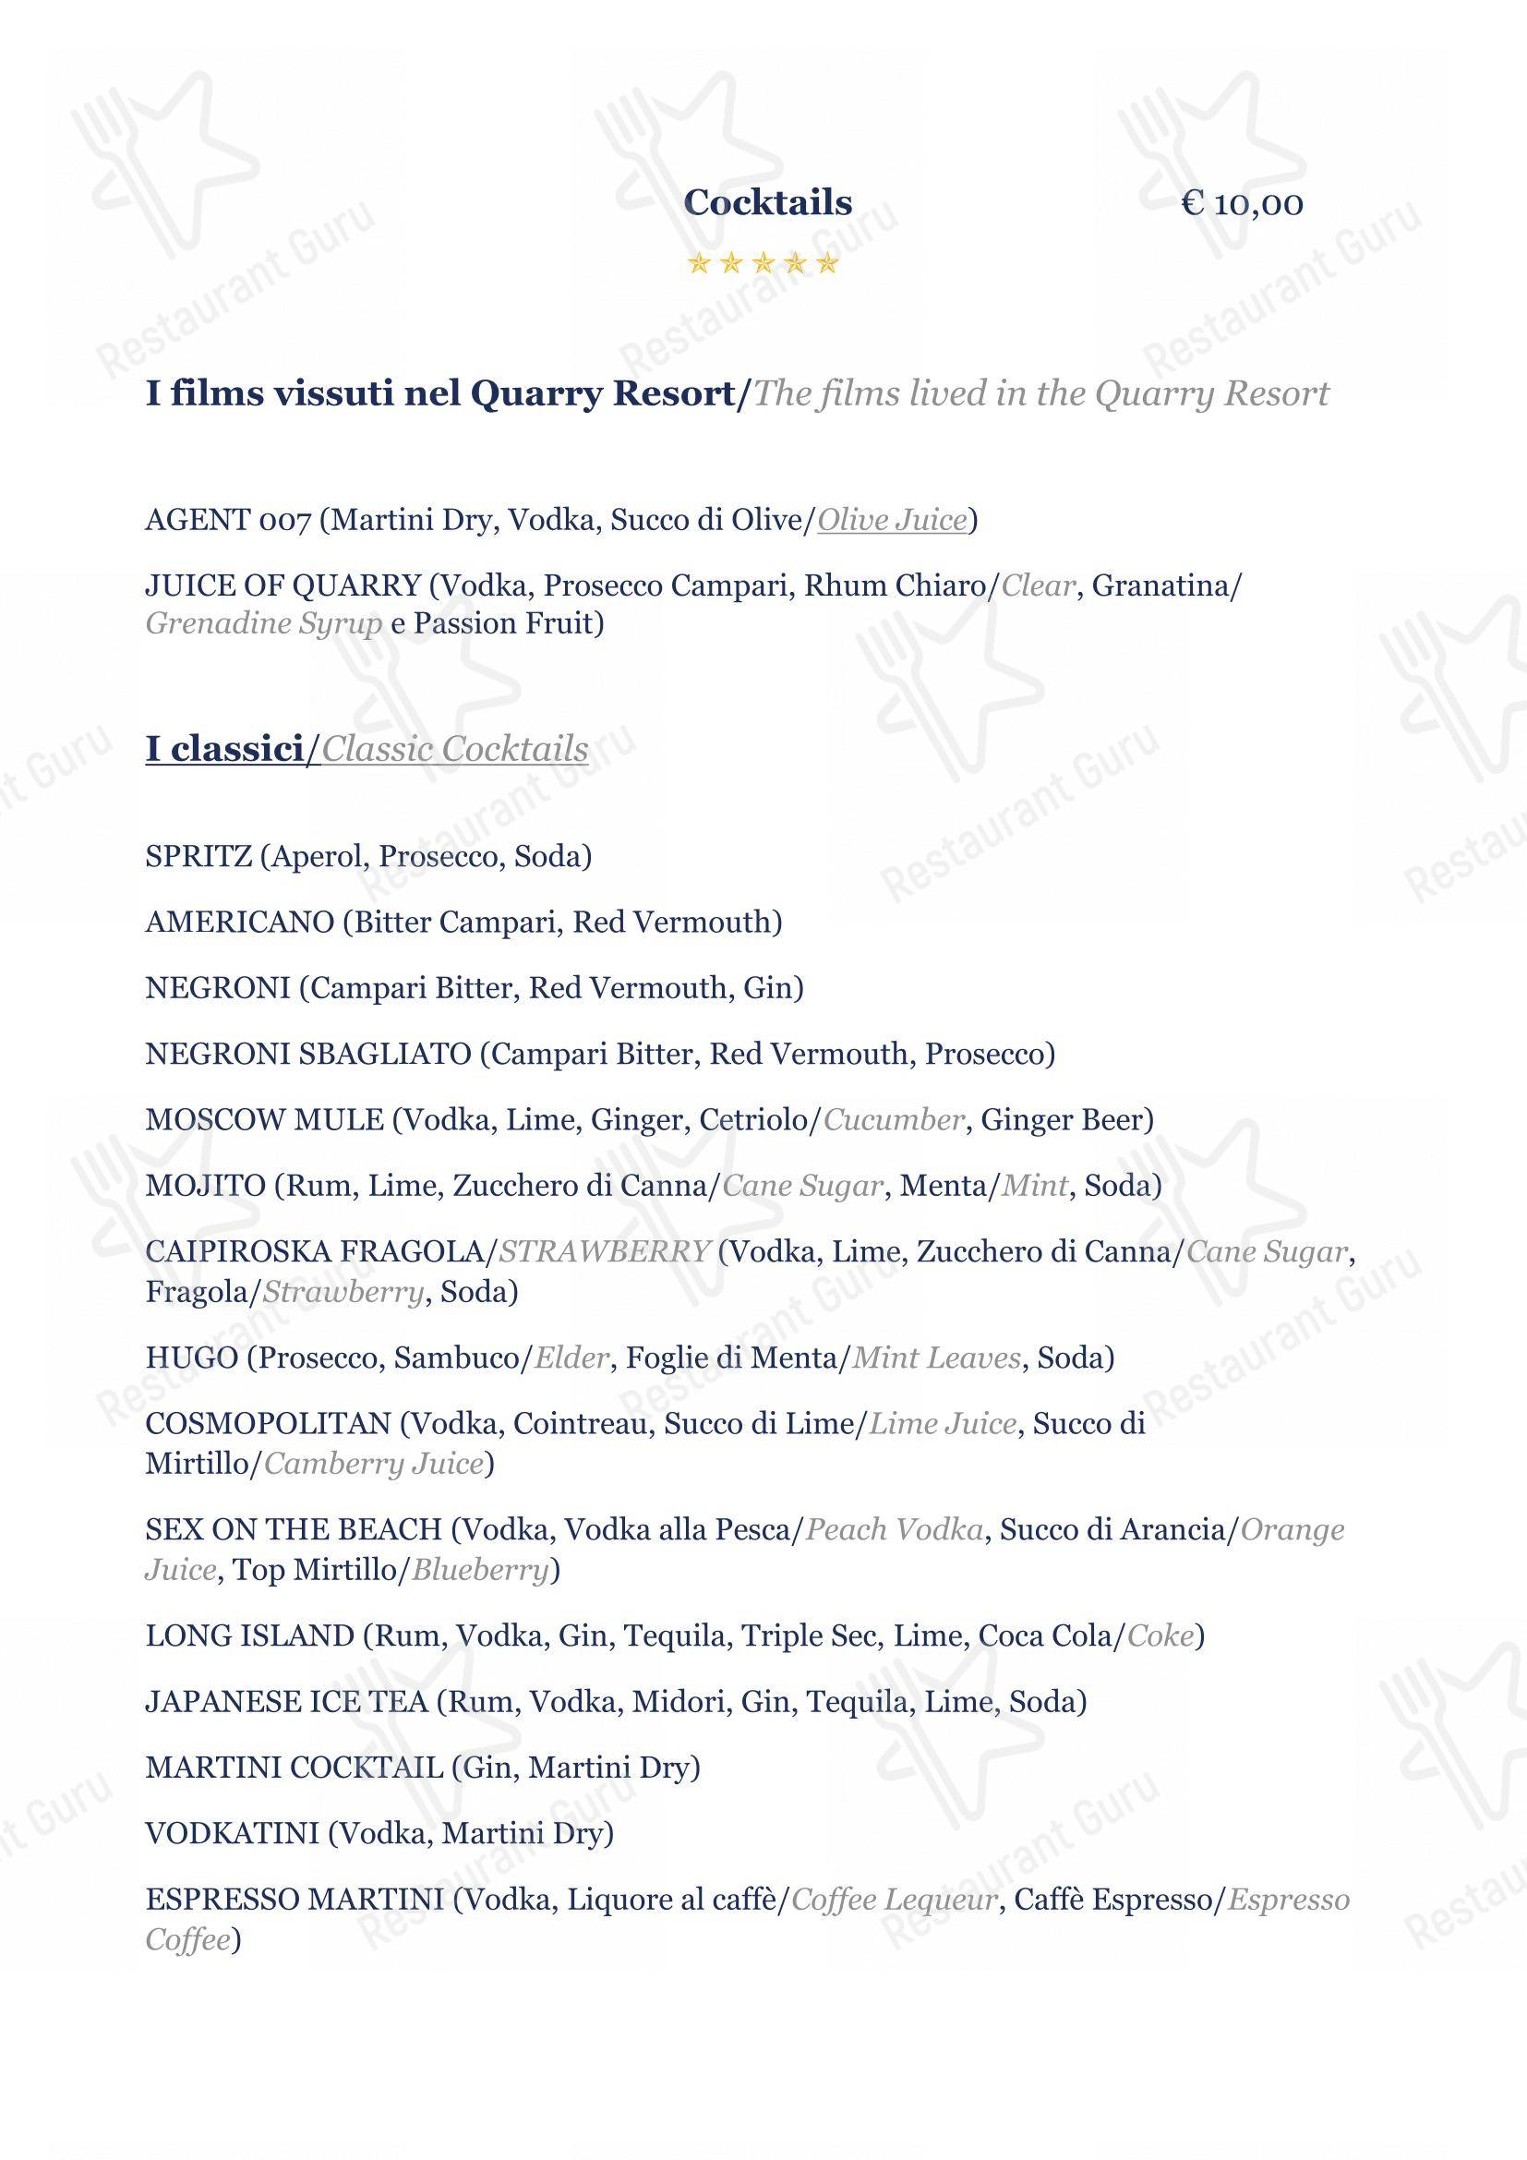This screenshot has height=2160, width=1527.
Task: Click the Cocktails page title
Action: click(767, 202)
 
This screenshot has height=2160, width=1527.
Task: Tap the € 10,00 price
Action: click(1242, 203)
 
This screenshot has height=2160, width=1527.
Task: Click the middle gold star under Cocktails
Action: click(763, 263)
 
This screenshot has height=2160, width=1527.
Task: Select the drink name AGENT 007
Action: click(227, 520)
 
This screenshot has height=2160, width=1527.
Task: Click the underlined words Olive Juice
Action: click(893, 520)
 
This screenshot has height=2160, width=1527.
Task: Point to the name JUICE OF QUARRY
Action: click(283, 586)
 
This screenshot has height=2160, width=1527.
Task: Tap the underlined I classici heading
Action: click(223, 749)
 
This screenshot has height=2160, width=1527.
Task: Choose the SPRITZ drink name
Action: click(198, 856)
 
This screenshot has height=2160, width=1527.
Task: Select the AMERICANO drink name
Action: click(240, 922)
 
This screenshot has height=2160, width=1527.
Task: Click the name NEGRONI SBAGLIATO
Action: click(307, 1054)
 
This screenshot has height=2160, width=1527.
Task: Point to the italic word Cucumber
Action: click(894, 1119)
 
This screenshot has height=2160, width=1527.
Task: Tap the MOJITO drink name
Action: click(205, 1186)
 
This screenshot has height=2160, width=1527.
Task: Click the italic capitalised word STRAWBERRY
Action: click(604, 1252)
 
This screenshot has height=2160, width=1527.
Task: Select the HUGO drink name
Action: click(191, 1358)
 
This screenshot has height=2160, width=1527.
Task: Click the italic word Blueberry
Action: click(479, 1570)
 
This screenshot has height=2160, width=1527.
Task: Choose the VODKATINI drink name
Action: click(233, 1834)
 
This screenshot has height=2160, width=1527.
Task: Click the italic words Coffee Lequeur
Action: click(895, 1901)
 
